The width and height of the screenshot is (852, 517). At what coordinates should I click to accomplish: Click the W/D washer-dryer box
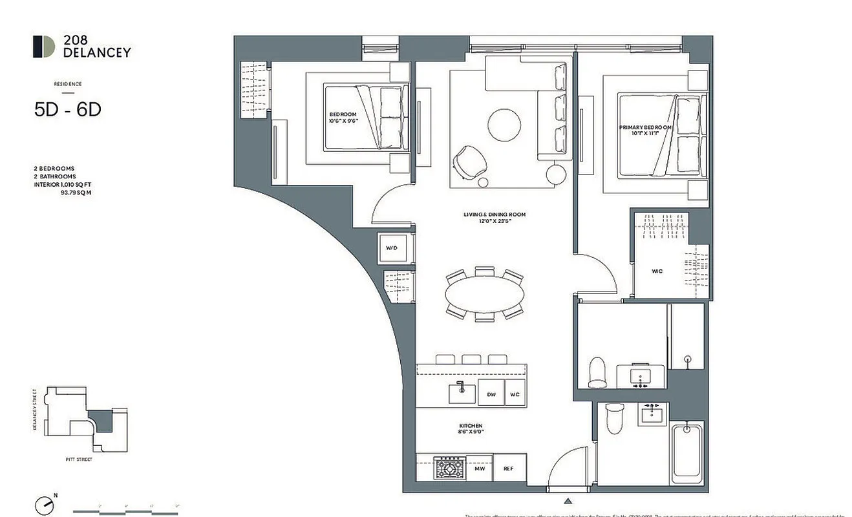(392, 248)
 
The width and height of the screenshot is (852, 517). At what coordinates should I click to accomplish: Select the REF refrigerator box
(509, 468)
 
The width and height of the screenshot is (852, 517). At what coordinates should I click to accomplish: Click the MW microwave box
(480, 468)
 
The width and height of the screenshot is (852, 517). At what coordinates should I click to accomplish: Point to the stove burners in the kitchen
(450, 467)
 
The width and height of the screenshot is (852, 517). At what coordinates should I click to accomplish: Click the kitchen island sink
(462, 392)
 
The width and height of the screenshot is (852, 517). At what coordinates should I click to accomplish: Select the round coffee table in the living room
(504, 124)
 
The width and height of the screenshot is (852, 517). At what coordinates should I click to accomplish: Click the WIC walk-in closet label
(656, 271)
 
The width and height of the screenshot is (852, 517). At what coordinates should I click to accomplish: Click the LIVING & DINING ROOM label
(494, 217)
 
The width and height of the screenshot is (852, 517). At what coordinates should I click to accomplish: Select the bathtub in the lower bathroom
(687, 456)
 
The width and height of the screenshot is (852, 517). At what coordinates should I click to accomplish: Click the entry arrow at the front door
(568, 501)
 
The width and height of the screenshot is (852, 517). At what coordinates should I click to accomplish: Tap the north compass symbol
(44, 503)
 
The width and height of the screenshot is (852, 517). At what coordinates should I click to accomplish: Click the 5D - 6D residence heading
(68, 110)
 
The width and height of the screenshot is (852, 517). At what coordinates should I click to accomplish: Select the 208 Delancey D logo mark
(44, 47)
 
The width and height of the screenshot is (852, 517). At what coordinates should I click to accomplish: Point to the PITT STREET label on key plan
(80, 459)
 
